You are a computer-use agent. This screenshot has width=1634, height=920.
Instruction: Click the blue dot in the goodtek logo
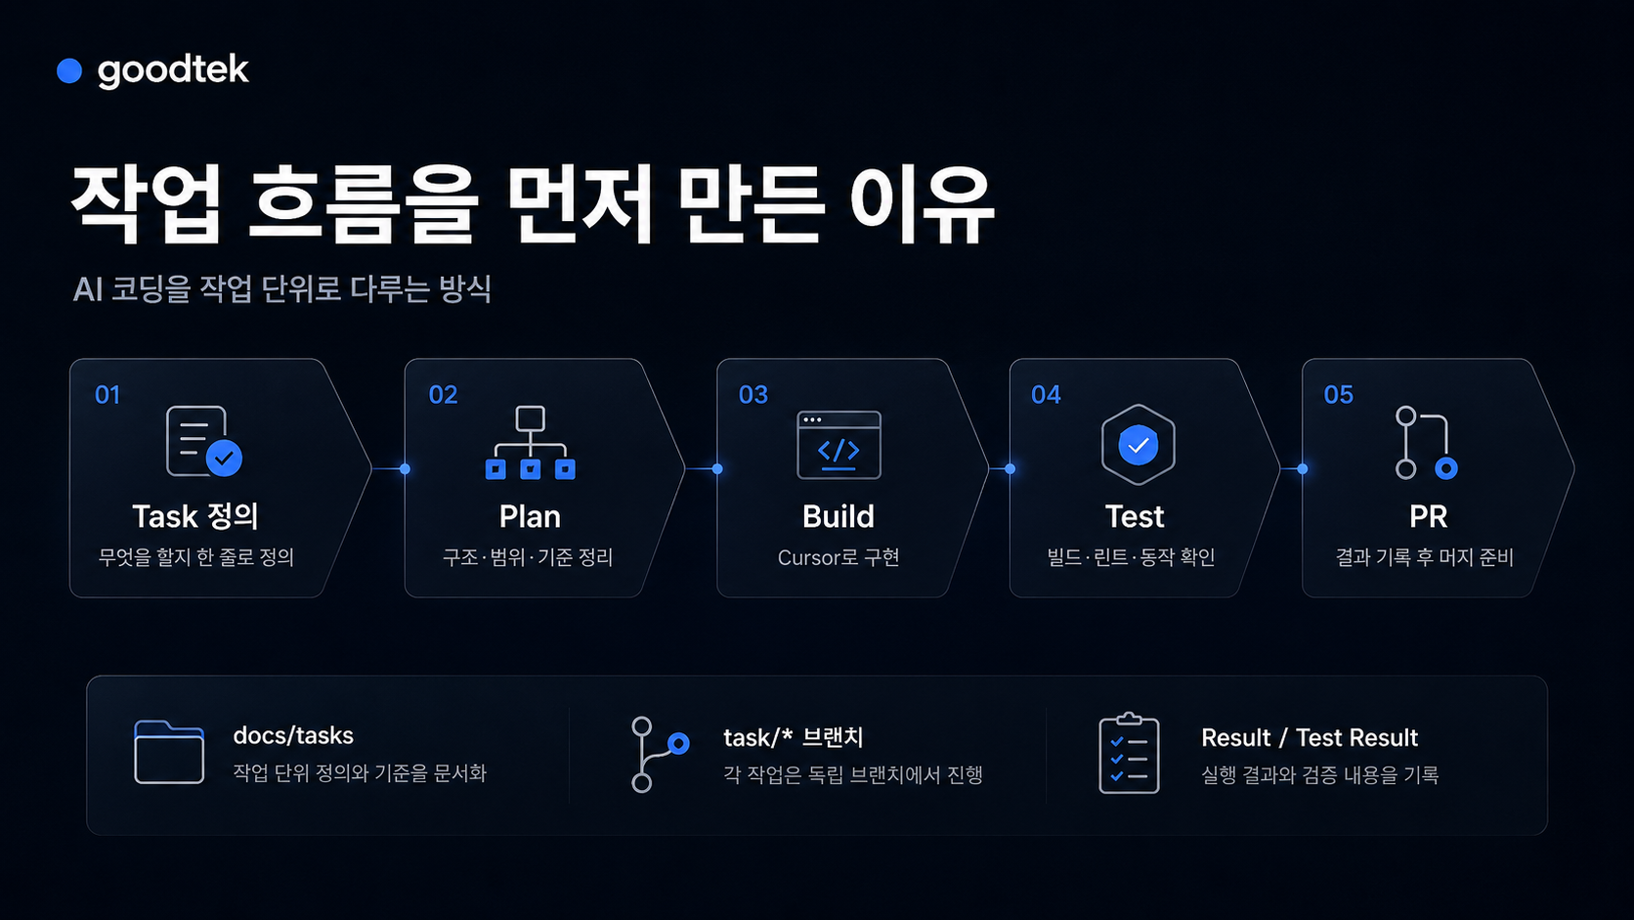(69, 70)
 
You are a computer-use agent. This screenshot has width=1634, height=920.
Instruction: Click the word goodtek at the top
(173, 70)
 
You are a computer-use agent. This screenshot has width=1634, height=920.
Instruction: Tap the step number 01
(107, 395)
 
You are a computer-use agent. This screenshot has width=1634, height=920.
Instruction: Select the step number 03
(752, 395)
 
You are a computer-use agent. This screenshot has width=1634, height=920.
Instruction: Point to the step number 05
(1339, 395)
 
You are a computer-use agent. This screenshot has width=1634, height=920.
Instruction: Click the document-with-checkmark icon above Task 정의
(203, 441)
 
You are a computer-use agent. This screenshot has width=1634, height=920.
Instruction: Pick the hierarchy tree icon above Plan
(531, 442)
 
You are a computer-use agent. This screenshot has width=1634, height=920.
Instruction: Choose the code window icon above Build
(838, 445)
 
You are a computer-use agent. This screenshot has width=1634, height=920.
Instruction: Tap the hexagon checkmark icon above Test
(1138, 444)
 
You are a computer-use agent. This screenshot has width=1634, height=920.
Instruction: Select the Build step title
(838, 516)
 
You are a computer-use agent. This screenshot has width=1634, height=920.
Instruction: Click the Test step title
(1135, 516)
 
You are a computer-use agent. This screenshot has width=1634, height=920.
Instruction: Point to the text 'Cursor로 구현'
(838, 557)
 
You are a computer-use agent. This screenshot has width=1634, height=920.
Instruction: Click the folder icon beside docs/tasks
(169, 752)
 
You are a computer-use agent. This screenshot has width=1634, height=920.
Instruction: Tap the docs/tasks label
(293, 735)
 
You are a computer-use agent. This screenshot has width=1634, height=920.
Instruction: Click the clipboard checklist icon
(1129, 753)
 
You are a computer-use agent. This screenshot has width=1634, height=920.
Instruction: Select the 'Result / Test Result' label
(1310, 737)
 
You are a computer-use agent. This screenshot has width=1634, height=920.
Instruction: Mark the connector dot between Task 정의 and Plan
(405, 469)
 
